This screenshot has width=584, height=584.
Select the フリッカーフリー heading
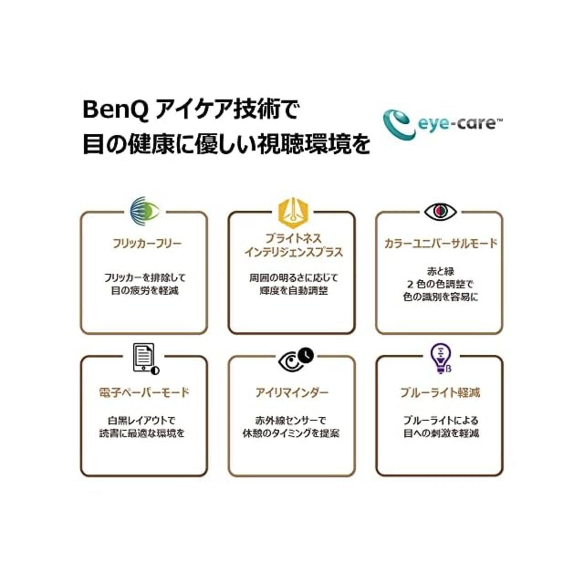click(147, 243)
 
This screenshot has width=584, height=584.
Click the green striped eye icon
click(145, 210)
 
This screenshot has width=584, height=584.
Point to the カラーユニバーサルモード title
click(440, 243)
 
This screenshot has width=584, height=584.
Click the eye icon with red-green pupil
click(440, 211)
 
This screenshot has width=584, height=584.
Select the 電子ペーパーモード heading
click(144, 392)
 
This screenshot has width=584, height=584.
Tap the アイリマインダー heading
click(292, 392)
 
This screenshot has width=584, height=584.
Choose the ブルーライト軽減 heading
click(440, 392)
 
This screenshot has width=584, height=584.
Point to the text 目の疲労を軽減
click(145, 291)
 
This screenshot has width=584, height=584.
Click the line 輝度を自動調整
click(294, 291)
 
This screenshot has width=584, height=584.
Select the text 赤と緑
click(441, 271)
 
